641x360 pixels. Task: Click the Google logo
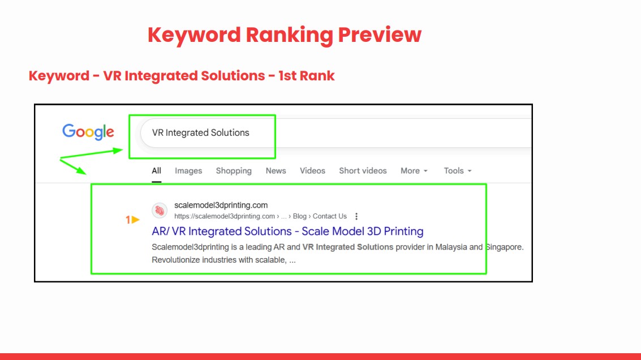88,132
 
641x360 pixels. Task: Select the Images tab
188,171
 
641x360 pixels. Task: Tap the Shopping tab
234,171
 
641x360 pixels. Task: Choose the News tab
276,171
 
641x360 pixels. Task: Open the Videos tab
312,171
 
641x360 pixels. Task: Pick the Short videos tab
363,171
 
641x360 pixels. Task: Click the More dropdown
414,171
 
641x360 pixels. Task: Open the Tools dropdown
458,171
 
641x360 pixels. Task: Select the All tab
157,171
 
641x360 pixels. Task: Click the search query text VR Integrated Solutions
200,132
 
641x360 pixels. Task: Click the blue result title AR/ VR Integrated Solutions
287,231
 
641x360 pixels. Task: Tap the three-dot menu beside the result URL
356,216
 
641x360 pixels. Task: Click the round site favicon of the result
160,211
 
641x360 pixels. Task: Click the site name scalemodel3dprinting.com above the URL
221,205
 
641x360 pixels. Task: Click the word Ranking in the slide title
290,35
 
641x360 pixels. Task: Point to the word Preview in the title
380,35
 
